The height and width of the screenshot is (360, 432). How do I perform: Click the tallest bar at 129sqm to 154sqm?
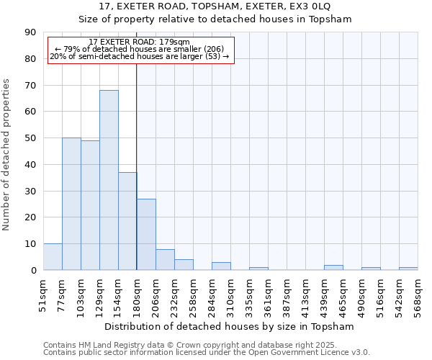click(109, 180)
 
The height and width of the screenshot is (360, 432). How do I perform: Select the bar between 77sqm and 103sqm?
click(71, 204)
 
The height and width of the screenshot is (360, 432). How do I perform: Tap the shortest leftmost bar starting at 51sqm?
click(53, 257)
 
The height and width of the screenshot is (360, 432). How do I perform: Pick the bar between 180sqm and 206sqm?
click(146, 234)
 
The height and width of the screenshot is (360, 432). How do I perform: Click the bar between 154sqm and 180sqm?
click(127, 221)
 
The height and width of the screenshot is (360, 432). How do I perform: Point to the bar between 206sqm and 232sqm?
click(165, 259)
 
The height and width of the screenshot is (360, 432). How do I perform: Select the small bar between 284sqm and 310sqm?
click(221, 266)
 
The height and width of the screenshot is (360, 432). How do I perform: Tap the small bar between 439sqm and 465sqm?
click(333, 268)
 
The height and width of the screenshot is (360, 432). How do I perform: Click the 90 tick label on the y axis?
click(30, 32)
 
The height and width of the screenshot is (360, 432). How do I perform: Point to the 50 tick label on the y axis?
click(30, 138)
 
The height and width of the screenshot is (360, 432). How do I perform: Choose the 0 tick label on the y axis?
click(33, 270)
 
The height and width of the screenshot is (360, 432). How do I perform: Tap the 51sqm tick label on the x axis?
click(44, 295)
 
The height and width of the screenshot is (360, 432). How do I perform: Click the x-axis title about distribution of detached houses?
click(230, 326)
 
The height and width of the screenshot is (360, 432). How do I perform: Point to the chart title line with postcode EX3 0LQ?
click(215, 6)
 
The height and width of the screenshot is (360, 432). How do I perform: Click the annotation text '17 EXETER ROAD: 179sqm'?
click(140, 42)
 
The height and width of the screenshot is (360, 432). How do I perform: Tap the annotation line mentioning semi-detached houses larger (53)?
click(140, 56)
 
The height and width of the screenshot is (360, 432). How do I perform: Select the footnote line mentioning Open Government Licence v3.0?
click(207, 353)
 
